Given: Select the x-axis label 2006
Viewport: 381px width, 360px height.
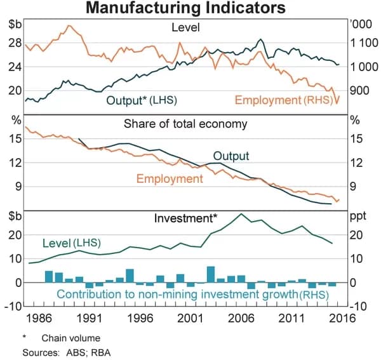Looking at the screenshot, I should tap(241, 318).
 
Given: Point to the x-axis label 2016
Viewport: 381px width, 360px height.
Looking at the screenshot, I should tap(341, 318).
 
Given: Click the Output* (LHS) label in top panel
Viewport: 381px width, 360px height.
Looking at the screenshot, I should tap(142, 100).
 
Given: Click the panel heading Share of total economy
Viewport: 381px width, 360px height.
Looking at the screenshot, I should tap(185, 124).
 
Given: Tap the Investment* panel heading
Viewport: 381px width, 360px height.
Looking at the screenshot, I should tap(185, 218).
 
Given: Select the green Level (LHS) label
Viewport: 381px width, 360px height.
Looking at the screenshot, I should tap(71, 243).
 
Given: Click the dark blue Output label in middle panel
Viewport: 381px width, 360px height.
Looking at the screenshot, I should tap(231, 156).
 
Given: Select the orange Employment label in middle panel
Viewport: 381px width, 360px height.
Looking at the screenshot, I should tap(170, 179).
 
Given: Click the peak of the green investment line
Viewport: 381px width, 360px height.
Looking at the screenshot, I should tap(241, 214).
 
